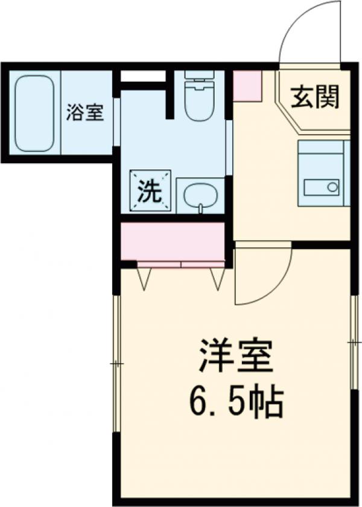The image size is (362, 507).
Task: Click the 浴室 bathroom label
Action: [x=84, y=112]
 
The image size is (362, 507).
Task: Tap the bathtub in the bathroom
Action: [x=34, y=112]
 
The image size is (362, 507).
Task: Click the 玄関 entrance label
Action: [x=314, y=97]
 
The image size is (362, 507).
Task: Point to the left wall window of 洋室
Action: [x=116, y=363]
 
